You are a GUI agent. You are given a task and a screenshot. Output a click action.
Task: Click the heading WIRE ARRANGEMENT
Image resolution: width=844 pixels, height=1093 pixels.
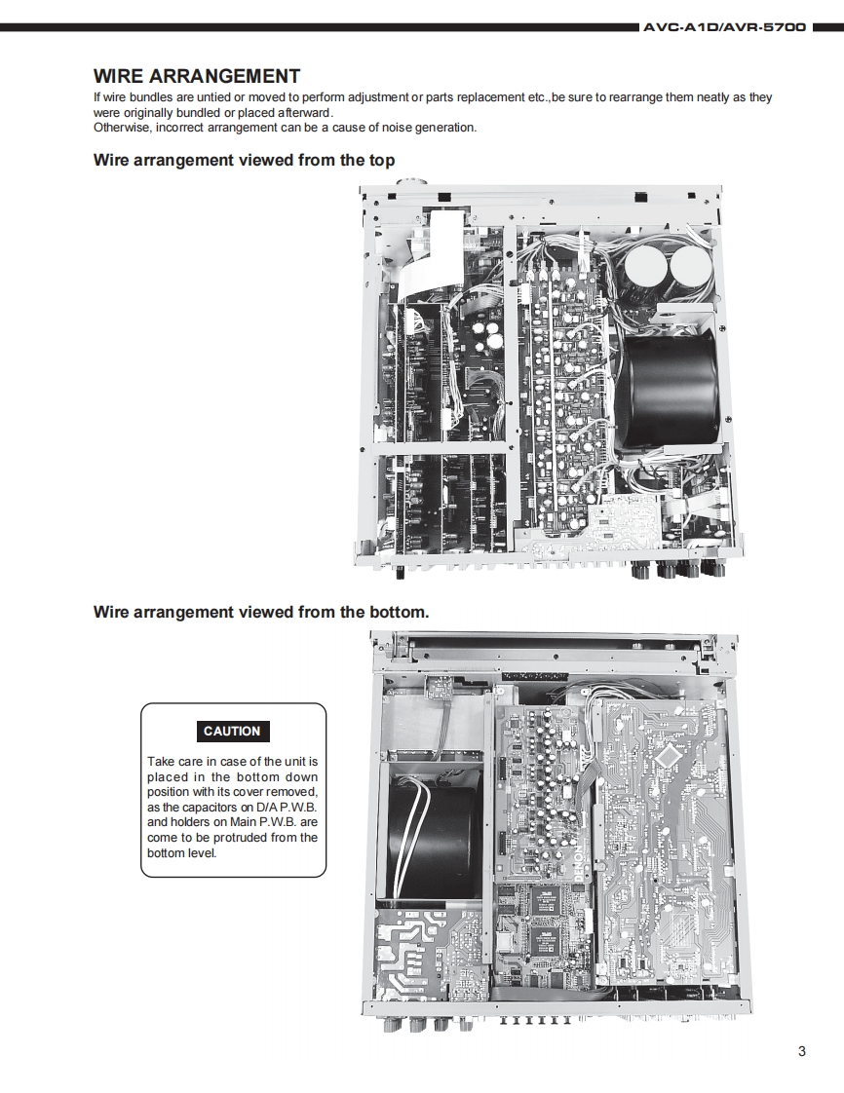[196, 76]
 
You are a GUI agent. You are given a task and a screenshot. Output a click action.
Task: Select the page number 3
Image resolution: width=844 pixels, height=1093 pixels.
[801, 1050]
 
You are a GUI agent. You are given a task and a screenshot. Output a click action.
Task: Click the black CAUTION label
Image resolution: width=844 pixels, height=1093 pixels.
[232, 731]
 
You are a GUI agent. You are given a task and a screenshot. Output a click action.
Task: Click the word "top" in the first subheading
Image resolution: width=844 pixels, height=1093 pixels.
[378, 160]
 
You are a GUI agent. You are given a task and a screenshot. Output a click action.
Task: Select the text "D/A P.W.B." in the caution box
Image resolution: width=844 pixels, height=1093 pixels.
[283, 807]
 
